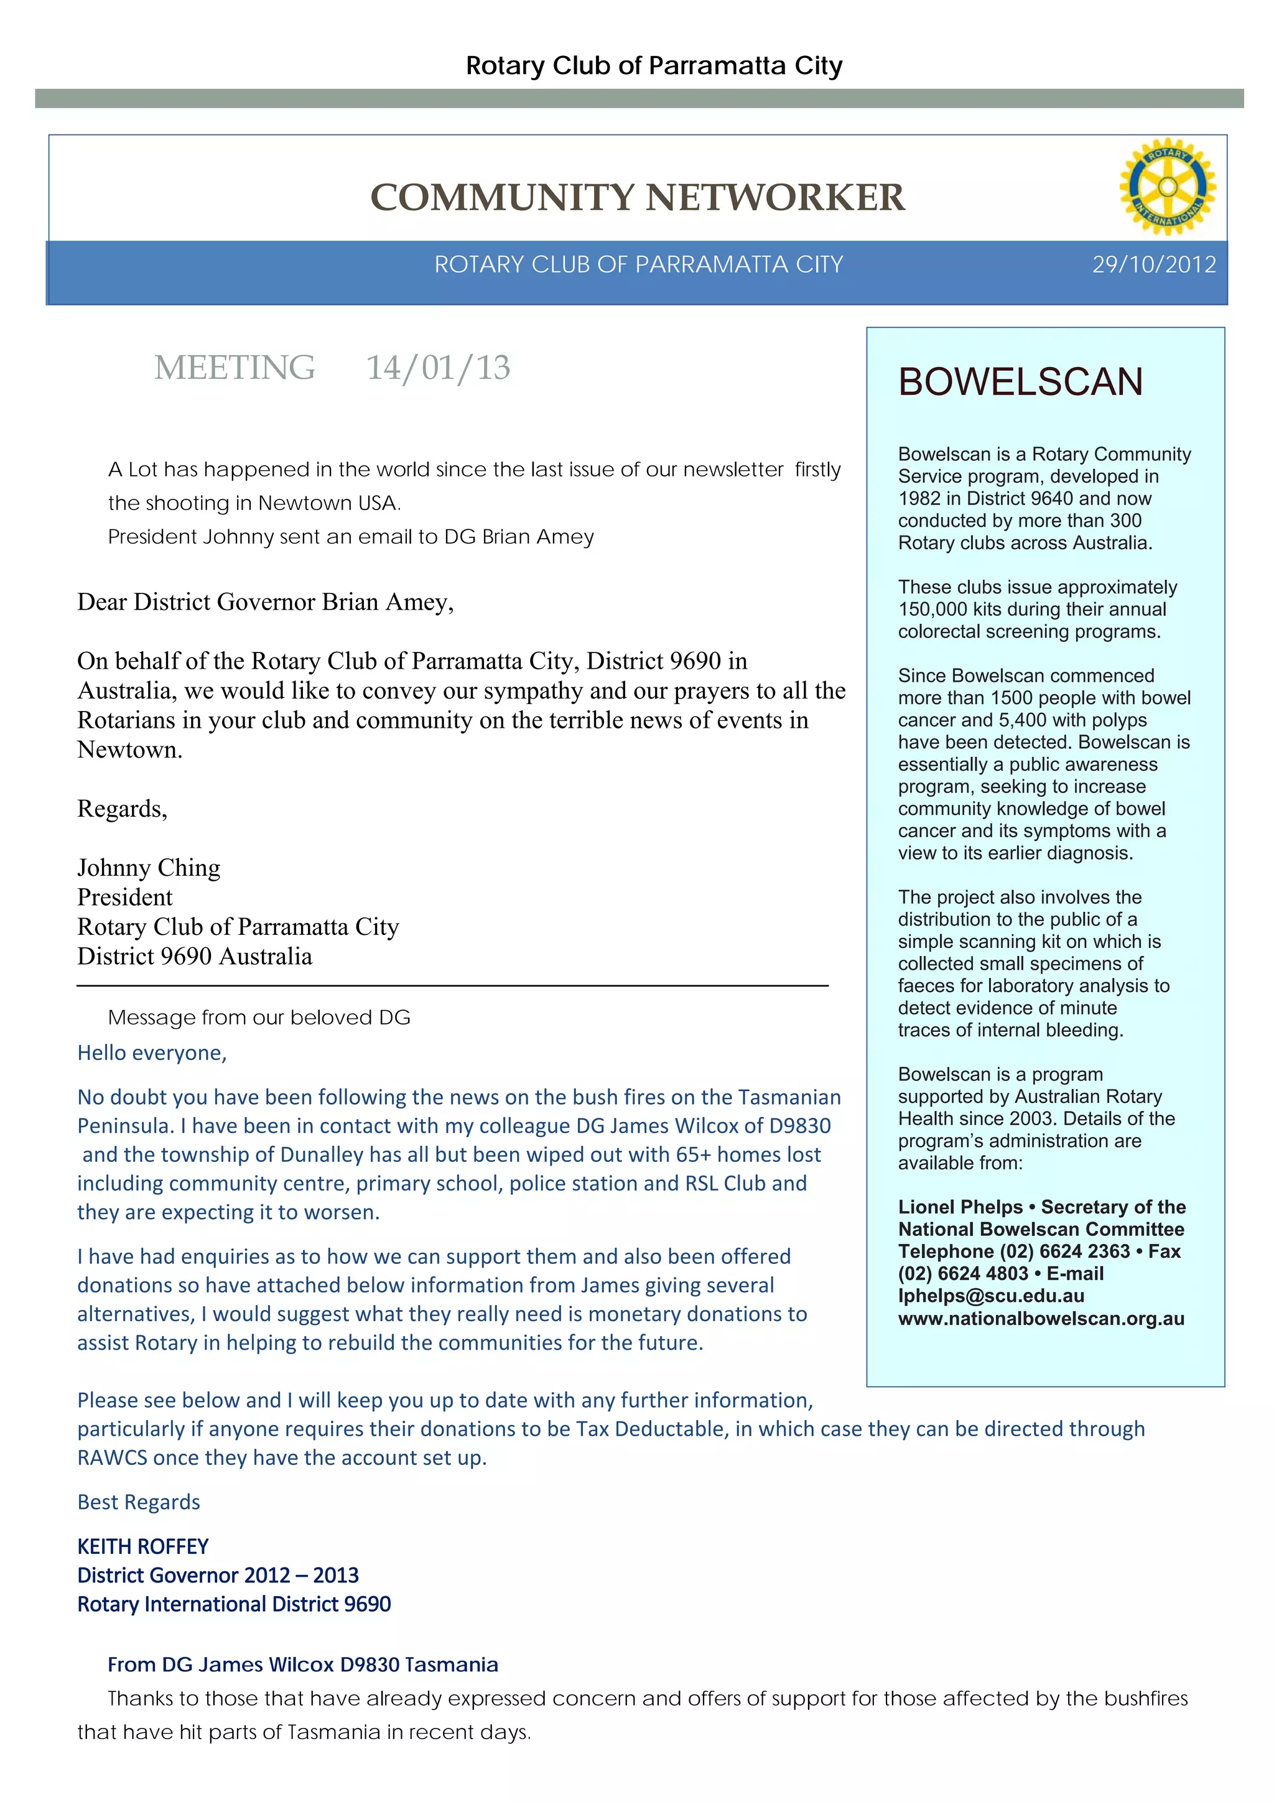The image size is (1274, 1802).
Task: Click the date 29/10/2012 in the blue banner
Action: (x=1154, y=264)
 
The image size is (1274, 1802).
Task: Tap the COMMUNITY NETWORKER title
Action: (x=638, y=197)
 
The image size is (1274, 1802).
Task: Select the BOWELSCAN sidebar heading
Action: (x=1020, y=382)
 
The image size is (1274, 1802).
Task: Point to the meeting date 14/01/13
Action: (x=438, y=368)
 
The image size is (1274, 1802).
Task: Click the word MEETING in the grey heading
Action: (x=235, y=368)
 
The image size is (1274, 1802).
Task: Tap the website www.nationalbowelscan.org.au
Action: (x=1041, y=1319)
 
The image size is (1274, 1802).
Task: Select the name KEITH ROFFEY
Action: (x=143, y=1546)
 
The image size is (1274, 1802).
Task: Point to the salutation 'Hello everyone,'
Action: (x=152, y=1052)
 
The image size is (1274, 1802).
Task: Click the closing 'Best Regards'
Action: (x=138, y=1502)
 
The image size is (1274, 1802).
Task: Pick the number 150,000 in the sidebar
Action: (x=932, y=609)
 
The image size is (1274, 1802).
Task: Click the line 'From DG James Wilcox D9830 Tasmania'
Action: (x=302, y=1665)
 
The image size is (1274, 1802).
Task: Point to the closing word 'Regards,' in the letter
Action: (x=122, y=809)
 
